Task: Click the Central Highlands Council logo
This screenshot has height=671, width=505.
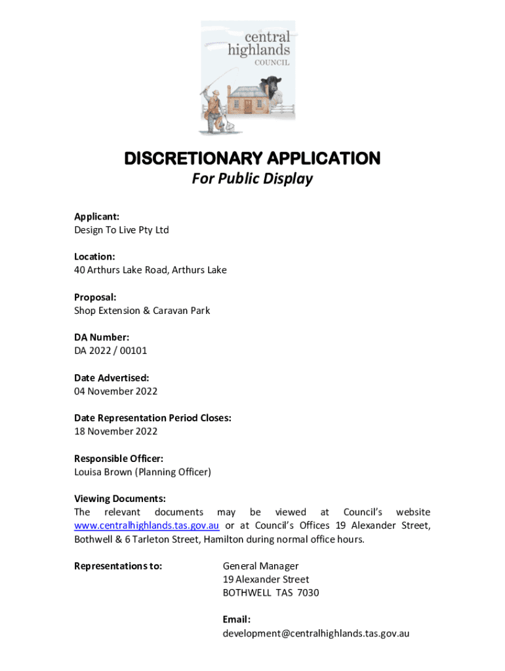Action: tap(248, 77)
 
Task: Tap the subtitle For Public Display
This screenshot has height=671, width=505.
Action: tap(253, 179)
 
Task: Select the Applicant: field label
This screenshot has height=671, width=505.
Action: tap(96, 216)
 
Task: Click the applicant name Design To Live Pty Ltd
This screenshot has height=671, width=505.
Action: tap(121, 230)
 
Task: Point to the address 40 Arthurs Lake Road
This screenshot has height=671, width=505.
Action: tap(121, 270)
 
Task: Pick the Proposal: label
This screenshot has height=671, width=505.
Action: tap(95, 297)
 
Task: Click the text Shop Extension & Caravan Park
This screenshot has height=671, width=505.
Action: tap(142, 311)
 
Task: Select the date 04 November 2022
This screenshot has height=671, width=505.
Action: tap(115, 391)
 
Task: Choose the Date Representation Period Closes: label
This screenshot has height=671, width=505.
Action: tap(152, 418)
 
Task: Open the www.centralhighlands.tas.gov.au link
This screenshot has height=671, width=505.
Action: tap(146, 526)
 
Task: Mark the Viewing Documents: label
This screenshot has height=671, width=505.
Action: tap(119, 499)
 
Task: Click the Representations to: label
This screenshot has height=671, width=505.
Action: tap(118, 566)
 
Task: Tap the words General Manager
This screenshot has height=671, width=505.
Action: tap(260, 566)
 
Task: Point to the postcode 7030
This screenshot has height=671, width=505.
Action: tap(308, 593)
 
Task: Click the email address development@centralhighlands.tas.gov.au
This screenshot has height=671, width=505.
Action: tap(315, 634)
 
